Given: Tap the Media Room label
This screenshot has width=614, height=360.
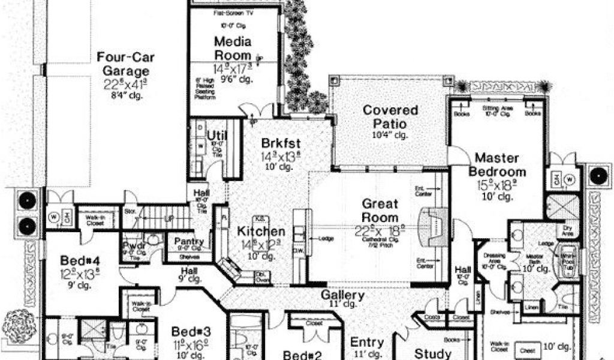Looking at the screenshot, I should point(233,47).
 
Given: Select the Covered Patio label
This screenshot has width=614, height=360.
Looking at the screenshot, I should point(390,117).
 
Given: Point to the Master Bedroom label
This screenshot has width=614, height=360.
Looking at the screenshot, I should point(501,164).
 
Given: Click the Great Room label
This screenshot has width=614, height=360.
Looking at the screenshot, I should point(380,210).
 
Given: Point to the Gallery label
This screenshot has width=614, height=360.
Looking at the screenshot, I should point(343,295).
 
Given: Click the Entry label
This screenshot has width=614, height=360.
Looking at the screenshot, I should point(367,342).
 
